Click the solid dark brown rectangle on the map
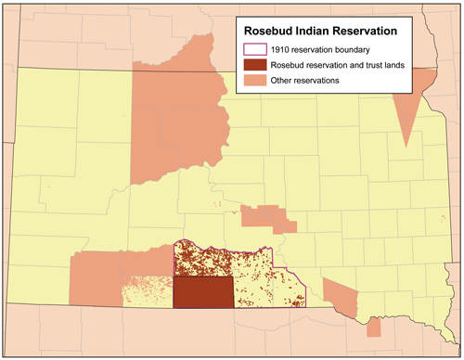(203, 292)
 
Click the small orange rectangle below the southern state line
(373, 328)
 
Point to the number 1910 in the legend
(280, 49)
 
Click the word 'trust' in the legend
(373, 65)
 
